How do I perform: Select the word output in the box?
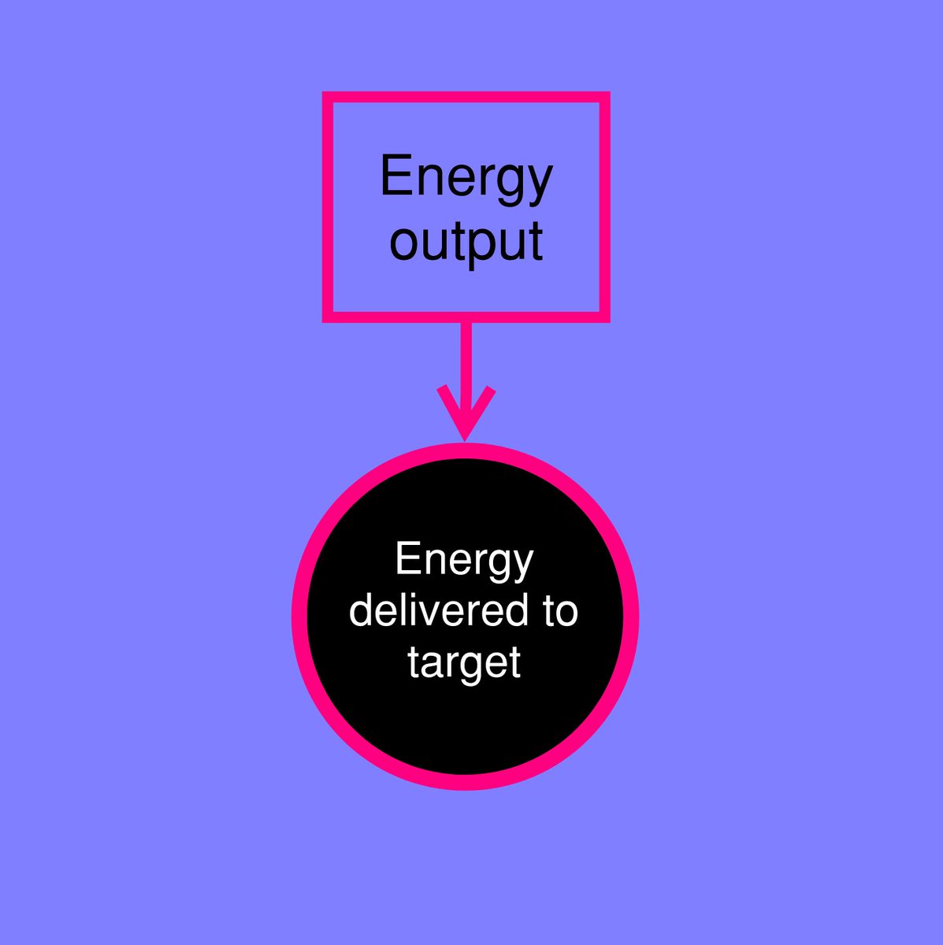click(466, 241)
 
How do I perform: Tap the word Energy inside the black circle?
click(464, 561)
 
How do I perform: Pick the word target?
click(464, 663)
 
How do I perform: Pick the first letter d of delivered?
click(362, 611)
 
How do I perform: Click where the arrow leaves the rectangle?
click(466, 322)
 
